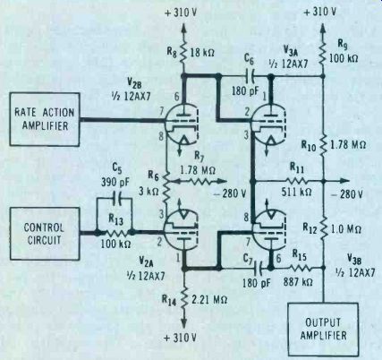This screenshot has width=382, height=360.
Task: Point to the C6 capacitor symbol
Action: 251,77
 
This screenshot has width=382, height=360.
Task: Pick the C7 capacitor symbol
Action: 259,268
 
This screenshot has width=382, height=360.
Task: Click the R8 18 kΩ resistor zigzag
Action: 183,53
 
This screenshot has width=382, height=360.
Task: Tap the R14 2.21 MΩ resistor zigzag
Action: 183,298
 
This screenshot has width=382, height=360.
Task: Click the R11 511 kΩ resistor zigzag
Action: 296,181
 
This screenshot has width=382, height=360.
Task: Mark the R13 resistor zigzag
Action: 115,233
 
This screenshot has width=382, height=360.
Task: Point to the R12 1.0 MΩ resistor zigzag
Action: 323,228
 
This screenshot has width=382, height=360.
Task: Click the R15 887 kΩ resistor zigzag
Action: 301,268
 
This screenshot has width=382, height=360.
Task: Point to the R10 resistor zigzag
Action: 323,145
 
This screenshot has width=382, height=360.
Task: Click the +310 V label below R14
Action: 181,338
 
